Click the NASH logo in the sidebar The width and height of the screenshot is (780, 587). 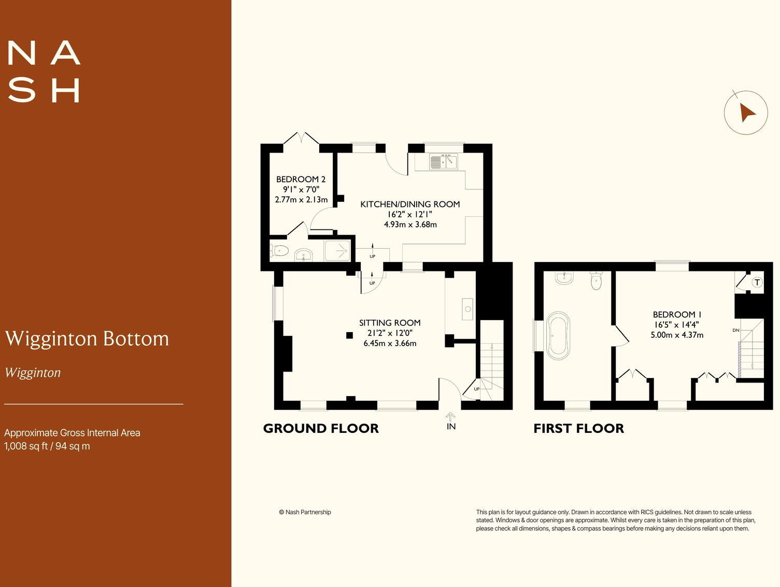click(44, 72)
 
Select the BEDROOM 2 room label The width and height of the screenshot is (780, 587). click(301, 180)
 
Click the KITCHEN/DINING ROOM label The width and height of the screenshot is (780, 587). click(410, 204)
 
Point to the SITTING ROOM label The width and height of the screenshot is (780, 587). click(390, 323)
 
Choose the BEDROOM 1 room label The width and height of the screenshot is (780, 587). click(677, 315)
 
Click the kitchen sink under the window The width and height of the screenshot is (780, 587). click(444, 162)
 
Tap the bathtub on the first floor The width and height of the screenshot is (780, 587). click(558, 336)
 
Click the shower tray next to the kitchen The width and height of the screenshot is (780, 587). click(337, 251)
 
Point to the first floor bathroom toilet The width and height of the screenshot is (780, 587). click(596, 281)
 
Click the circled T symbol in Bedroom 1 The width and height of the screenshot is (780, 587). click(757, 282)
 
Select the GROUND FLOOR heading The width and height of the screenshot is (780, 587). click(321, 429)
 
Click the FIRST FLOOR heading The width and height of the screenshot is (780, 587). click(578, 429)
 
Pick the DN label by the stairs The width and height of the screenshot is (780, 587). click(735, 330)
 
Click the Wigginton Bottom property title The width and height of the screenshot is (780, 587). click(87, 338)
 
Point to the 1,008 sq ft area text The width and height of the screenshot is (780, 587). click(47, 446)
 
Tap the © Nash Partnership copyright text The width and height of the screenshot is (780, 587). click(305, 512)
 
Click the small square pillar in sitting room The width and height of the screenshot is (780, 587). click(350, 335)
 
